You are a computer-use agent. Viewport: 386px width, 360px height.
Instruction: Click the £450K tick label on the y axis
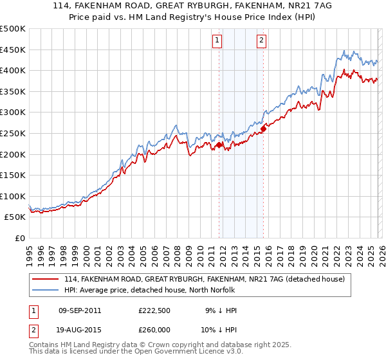pyautogui.click(x=13, y=50)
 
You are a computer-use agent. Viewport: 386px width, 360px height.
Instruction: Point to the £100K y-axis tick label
pyautogui.click(x=13, y=196)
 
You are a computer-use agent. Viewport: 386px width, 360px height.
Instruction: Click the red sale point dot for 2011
pyautogui.click(x=219, y=145)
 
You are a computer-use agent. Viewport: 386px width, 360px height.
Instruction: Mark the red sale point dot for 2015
pyautogui.click(x=263, y=129)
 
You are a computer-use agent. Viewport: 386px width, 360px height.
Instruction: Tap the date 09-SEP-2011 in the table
pyautogui.click(x=80, y=310)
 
